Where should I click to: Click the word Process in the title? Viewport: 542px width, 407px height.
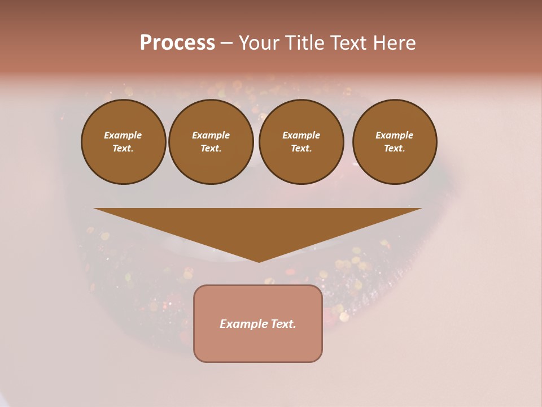177,43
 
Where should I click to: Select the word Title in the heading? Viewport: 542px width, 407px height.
304,43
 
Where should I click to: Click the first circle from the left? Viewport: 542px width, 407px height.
123,142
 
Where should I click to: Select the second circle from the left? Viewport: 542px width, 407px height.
211,142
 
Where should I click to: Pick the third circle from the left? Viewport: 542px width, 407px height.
301,142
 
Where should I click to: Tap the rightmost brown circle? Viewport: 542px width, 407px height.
395,142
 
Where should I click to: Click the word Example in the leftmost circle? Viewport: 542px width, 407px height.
123,135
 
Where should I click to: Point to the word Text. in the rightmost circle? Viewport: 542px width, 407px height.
395,149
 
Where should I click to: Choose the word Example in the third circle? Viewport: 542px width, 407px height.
301,135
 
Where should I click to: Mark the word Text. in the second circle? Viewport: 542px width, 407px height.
211,149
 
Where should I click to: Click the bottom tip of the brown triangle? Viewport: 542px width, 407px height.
259,261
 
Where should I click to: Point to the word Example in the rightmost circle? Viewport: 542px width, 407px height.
395,135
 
